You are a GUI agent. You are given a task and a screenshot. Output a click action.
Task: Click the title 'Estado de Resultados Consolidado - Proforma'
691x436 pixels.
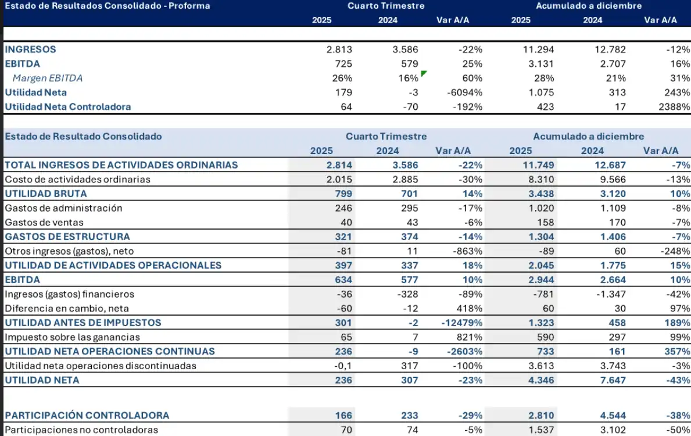tap(107, 6)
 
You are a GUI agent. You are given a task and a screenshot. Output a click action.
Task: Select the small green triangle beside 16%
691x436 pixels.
tap(424, 73)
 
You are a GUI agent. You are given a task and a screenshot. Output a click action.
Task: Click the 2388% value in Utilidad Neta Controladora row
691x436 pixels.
tap(674, 107)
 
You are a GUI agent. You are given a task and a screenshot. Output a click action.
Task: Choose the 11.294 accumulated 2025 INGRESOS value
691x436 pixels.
tap(538, 49)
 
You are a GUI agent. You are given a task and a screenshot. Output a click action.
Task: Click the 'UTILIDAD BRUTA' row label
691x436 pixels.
tap(46, 194)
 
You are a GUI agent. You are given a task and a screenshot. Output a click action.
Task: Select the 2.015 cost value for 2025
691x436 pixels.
tap(339, 179)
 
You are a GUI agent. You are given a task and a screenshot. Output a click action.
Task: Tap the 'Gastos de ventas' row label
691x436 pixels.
tap(44, 222)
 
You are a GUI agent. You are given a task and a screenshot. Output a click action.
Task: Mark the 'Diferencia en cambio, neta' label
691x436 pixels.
tap(67, 308)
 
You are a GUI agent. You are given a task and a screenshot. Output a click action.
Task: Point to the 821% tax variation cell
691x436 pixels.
tap(470, 337)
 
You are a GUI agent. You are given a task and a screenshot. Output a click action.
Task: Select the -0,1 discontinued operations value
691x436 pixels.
tap(342, 366)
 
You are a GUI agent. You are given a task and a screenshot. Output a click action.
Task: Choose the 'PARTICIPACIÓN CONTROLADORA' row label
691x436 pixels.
tap(87, 416)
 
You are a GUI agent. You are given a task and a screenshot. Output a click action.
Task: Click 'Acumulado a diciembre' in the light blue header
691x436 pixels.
tap(588, 137)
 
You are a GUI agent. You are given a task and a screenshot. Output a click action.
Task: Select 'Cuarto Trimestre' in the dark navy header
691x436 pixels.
tap(386, 6)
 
